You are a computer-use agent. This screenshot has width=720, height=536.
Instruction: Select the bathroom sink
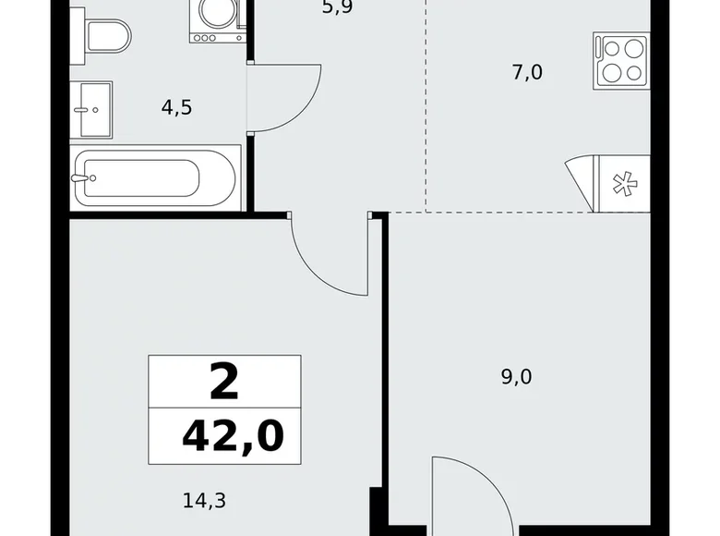(x=90, y=109)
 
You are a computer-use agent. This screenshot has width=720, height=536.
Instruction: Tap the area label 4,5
(x=176, y=107)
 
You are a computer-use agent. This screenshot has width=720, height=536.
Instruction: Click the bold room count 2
(x=224, y=381)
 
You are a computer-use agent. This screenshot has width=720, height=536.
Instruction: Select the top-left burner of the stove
(x=611, y=49)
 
